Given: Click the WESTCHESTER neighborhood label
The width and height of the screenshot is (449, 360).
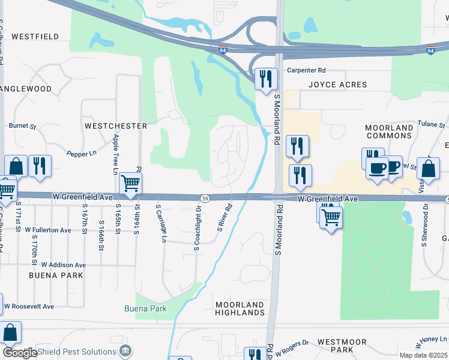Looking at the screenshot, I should coord(116,126).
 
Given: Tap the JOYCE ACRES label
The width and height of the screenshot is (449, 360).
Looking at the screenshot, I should coord(337,85).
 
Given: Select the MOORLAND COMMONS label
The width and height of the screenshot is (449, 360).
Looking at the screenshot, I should coord(390,132).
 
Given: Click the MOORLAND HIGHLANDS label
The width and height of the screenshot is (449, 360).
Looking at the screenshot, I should coord(240,309).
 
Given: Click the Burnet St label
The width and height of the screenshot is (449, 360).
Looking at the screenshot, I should coord(23,127).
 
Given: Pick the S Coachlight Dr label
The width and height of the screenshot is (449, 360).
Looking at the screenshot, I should coord(196,229).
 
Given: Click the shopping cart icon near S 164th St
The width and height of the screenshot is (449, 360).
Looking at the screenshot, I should coord(130,182).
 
